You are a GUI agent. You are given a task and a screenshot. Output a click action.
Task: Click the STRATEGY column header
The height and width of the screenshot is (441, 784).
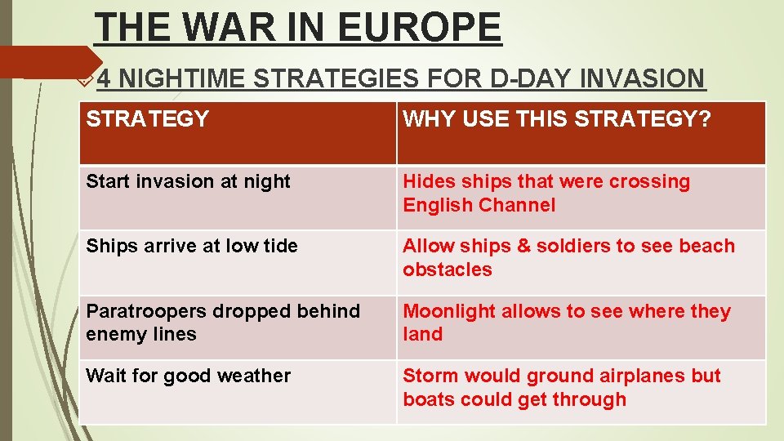148,119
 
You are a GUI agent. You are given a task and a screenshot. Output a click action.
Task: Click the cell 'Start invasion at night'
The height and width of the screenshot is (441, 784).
189,182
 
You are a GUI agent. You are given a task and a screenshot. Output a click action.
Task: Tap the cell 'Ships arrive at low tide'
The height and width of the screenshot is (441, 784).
192,247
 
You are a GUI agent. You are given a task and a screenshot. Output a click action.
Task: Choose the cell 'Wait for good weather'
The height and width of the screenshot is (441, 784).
189,376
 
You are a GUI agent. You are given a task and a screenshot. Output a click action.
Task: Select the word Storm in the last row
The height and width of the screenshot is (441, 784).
430,376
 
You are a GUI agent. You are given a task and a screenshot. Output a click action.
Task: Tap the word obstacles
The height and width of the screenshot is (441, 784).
448,270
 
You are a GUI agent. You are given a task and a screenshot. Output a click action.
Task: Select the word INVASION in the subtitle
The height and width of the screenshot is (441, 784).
643,79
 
